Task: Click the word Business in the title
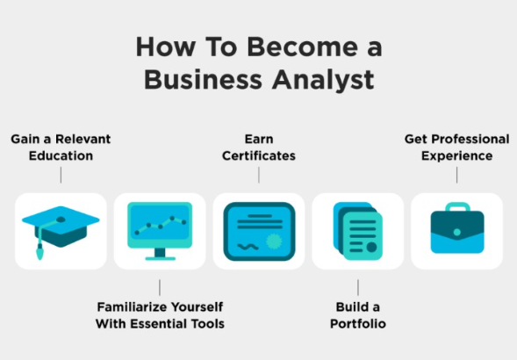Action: (x=203, y=79)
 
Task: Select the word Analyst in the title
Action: (x=323, y=81)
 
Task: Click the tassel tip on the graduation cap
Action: (x=39, y=255)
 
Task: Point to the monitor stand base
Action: (x=161, y=258)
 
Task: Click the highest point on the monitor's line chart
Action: (x=172, y=218)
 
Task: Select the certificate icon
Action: (x=259, y=231)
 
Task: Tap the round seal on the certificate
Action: (x=274, y=241)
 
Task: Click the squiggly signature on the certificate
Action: (x=248, y=247)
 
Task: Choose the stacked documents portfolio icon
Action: (x=358, y=231)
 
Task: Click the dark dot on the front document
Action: (x=371, y=247)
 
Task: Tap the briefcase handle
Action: (x=457, y=207)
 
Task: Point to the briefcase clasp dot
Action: (x=457, y=233)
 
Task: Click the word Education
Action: (x=61, y=155)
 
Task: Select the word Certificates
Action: (x=259, y=155)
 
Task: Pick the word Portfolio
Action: (x=358, y=324)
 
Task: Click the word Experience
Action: (x=457, y=156)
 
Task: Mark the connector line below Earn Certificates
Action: (x=259, y=175)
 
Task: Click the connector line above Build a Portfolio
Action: (x=358, y=287)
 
